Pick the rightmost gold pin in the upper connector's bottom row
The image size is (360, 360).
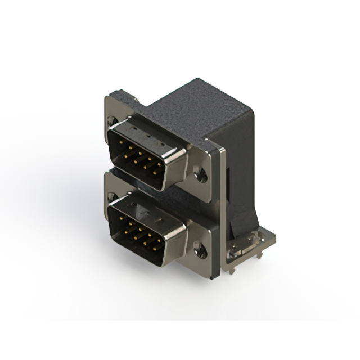(x=155, y=173)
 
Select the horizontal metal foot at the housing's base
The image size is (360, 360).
(x=253, y=247)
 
